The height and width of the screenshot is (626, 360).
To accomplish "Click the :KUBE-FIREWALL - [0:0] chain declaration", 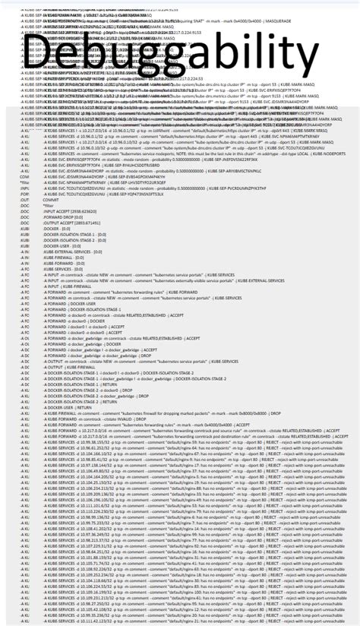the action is [x=64, y=259].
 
